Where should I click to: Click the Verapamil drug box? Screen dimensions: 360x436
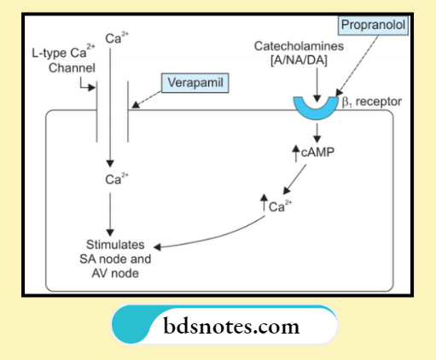point(195,84)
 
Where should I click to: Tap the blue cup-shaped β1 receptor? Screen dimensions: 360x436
point(317,107)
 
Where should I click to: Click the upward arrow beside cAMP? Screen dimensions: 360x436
point(296,153)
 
